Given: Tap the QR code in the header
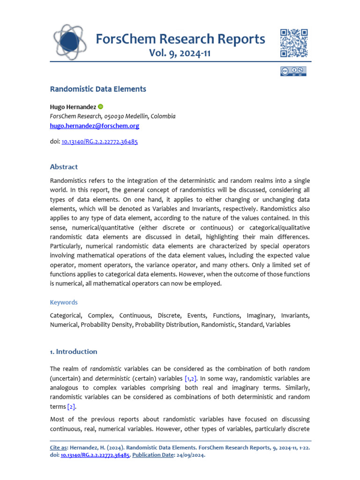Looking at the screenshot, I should (293, 43).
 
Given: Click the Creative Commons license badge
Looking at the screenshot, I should (293, 71).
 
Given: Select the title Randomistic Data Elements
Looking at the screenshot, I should (98, 89).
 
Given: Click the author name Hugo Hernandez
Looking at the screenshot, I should (73, 107).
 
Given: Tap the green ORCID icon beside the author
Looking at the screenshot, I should (100, 107).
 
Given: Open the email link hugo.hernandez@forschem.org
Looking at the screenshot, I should (94, 126).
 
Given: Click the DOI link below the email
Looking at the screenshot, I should (99, 141).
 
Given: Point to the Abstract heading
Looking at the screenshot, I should (64, 167).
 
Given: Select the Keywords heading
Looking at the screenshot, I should (64, 302).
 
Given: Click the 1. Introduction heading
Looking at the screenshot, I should (74, 352).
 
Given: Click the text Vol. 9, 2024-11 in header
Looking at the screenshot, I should (180, 53).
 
